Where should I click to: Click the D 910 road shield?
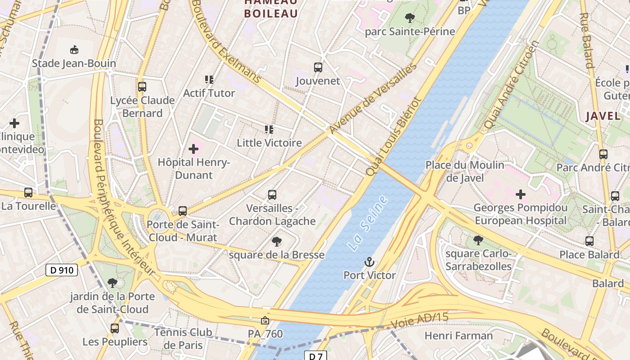(x=62, y=270)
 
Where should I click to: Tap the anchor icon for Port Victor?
(x=369, y=262)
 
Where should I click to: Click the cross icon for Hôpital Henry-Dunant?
(x=193, y=149)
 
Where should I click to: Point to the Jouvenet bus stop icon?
(x=318, y=68)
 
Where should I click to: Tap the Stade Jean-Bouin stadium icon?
(x=74, y=49)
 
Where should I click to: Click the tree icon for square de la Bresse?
(x=277, y=242)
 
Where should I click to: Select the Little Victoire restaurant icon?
(x=269, y=130)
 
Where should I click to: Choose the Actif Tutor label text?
(x=209, y=93)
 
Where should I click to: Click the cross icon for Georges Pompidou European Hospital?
(x=521, y=194)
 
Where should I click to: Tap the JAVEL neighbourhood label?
(x=603, y=116)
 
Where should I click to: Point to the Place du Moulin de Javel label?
(x=465, y=171)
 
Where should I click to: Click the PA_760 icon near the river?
(x=265, y=320)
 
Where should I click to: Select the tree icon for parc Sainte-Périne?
(x=409, y=18)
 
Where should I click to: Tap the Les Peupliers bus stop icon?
(x=115, y=328)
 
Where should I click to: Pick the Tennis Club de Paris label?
(x=183, y=339)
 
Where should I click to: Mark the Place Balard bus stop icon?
(x=589, y=241)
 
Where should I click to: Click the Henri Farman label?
(x=459, y=336)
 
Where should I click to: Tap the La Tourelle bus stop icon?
(x=28, y=193)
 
